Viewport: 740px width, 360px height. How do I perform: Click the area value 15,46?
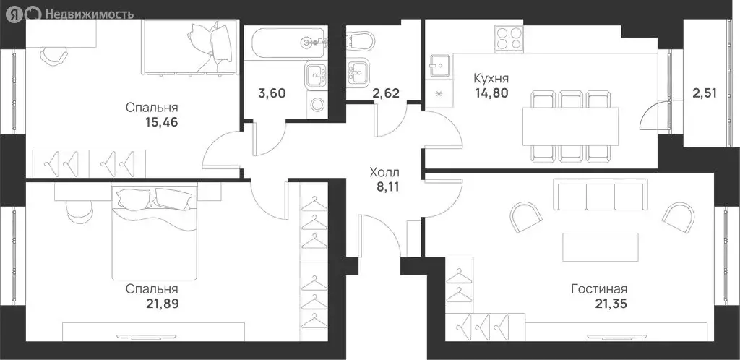click(x=162, y=122)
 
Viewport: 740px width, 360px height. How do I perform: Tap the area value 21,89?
click(x=162, y=303)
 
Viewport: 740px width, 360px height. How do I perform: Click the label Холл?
click(x=384, y=173)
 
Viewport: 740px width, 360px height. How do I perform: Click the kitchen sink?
click(x=438, y=67)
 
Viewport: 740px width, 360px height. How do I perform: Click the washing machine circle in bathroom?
click(x=317, y=104)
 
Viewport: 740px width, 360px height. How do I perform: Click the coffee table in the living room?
click(x=601, y=247)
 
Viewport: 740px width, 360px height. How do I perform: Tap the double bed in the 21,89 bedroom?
click(x=155, y=231)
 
